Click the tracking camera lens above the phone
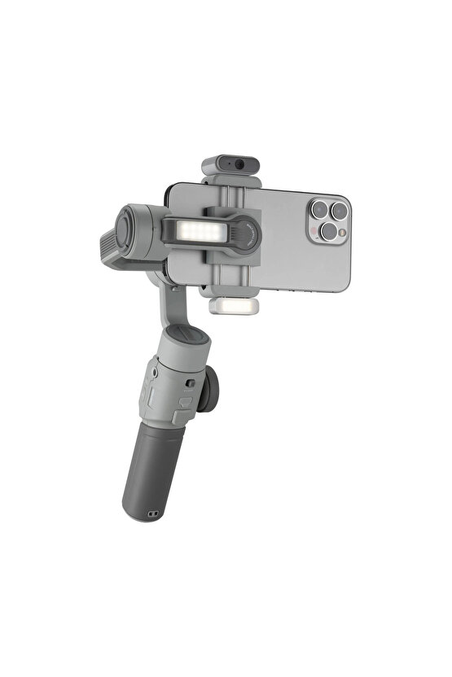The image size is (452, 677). tap(240, 164)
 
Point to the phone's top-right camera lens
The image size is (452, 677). tap(339, 212)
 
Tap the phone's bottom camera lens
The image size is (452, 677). tap(327, 231)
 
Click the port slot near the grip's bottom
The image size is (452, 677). tap(151, 514)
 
